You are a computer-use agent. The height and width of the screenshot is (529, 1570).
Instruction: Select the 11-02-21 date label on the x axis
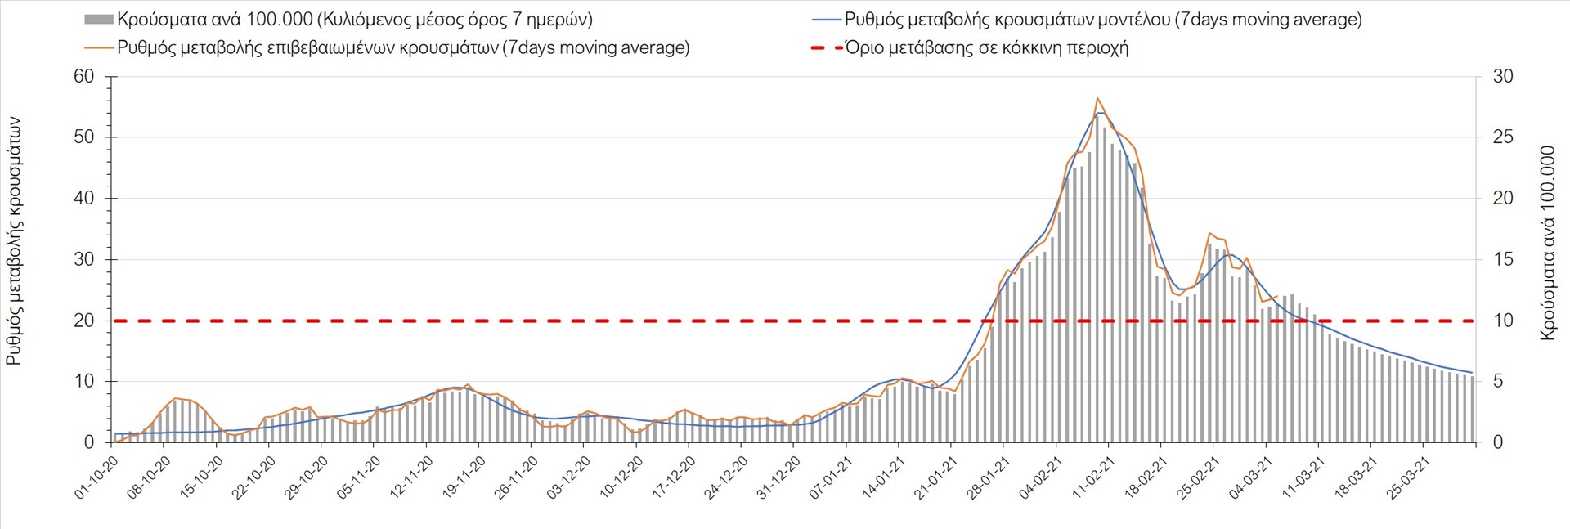[1094, 477]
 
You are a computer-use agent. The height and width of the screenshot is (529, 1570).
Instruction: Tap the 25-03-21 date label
[1409, 477]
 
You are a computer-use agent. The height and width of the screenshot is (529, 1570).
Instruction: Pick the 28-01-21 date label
[989, 477]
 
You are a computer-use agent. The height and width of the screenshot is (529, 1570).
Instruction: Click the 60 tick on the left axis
[84, 77]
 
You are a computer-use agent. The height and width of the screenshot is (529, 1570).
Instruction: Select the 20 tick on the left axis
[84, 321]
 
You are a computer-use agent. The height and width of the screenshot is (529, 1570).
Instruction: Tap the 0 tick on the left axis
[89, 442]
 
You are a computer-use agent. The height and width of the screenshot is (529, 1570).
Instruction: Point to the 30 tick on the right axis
[1503, 77]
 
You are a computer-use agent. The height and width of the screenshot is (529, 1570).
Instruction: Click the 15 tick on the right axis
[1503, 260]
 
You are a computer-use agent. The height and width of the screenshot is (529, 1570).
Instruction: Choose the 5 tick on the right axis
[1498, 382]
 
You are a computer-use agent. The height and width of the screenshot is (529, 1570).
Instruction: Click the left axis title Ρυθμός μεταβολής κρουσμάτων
[14, 241]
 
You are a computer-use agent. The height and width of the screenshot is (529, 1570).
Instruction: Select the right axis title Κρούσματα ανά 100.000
[1547, 243]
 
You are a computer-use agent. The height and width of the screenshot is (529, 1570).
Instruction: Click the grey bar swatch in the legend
[98, 20]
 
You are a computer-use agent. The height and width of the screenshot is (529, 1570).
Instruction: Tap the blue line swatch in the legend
[827, 20]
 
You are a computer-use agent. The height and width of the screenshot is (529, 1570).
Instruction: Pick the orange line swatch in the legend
[98, 47]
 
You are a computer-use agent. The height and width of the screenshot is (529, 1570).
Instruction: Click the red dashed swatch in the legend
[827, 47]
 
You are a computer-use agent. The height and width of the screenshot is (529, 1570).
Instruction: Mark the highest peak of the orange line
[1097, 98]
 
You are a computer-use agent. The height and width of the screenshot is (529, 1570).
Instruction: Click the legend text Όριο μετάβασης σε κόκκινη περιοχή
[987, 47]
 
